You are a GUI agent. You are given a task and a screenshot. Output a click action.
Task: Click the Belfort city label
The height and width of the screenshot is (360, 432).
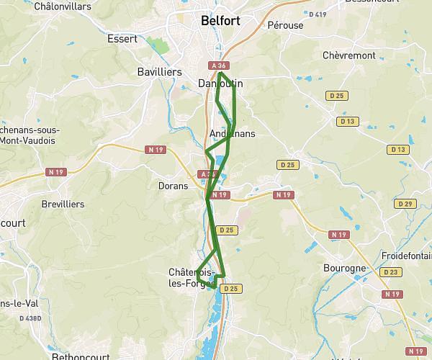[221, 21]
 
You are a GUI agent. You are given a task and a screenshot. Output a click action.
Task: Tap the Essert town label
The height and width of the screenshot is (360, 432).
[122, 39]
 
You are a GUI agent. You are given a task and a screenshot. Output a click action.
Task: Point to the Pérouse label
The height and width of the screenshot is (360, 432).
[285, 25]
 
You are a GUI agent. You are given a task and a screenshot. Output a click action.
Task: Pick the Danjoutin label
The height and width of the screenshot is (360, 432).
[220, 84]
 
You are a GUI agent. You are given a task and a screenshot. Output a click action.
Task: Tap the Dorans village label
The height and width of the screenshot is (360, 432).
[173, 185]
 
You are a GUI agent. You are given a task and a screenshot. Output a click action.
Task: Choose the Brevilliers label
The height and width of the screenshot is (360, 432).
[63, 204]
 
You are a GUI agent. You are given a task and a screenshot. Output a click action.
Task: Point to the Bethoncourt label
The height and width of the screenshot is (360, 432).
[78, 356]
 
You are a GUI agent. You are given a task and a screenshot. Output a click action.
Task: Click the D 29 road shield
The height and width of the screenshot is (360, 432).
[406, 204]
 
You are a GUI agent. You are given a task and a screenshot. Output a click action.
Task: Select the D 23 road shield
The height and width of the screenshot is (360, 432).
[392, 272]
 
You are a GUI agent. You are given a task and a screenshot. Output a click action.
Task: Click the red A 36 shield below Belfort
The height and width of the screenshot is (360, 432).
[219, 66]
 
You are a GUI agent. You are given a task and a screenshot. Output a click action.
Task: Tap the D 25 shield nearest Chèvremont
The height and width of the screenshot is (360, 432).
[334, 95]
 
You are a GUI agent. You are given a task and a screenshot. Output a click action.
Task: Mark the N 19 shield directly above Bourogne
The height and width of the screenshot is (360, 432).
[338, 235]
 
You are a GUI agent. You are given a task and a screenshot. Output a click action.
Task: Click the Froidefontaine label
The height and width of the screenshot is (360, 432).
[408, 255]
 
